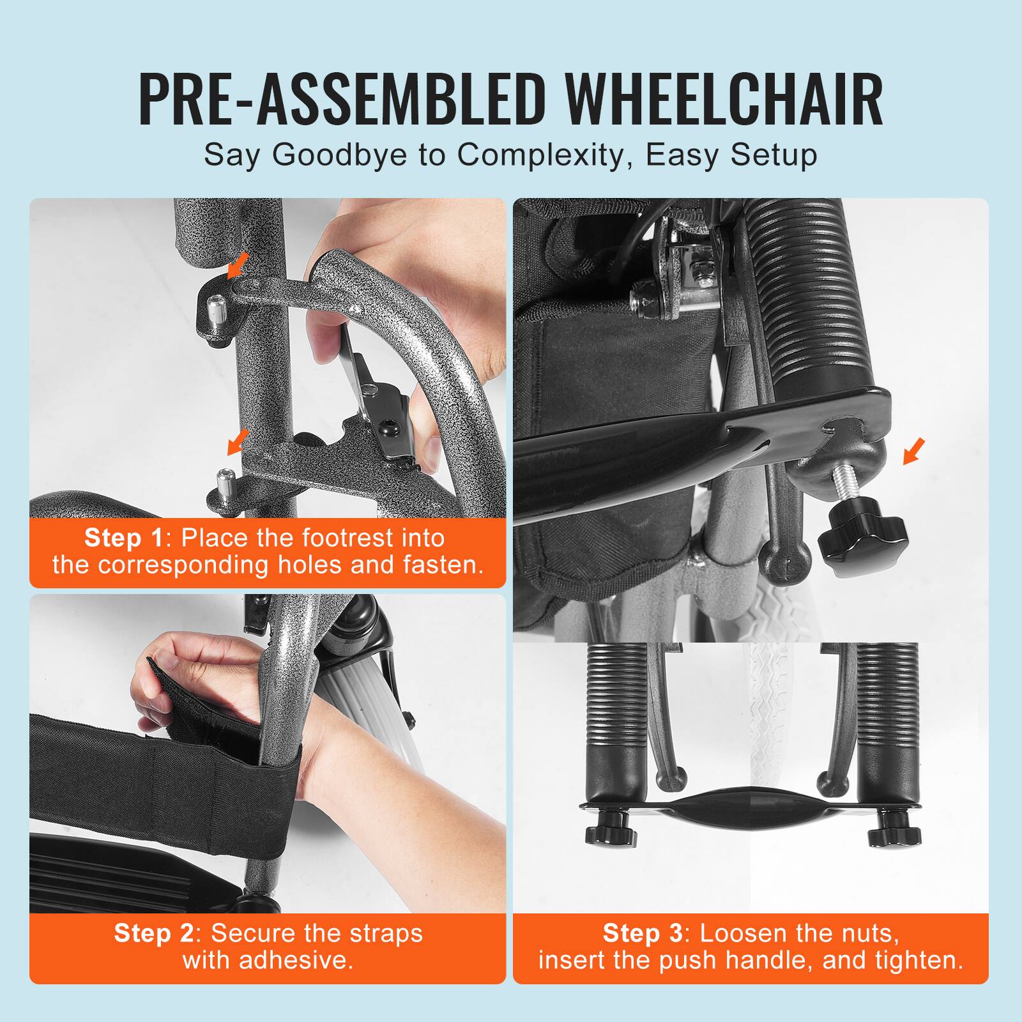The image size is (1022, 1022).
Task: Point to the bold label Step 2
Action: click(153, 933)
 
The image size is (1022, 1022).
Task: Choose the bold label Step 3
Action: click(643, 933)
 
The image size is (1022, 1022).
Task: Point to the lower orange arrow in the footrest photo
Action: click(238, 441)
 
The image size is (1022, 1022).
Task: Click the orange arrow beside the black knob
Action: click(913, 451)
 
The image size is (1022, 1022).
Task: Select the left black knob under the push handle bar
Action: click(611, 832)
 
